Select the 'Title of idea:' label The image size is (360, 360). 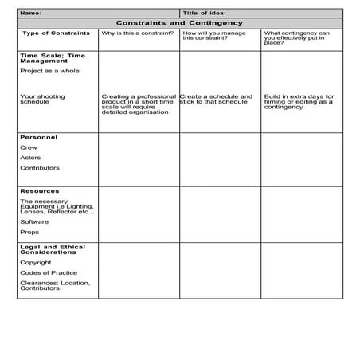(204, 14)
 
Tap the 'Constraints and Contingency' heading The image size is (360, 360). (179, 23)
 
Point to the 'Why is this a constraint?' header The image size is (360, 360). (131, 33)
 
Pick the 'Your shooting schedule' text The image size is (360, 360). (42, 99)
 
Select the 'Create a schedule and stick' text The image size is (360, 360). (217, 99)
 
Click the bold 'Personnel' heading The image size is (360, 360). (37, 137)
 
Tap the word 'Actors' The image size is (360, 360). (29, 158)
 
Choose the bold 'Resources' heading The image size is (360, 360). (38, 192)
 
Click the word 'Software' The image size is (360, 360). (33, 221)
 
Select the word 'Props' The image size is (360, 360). (29, 232)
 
